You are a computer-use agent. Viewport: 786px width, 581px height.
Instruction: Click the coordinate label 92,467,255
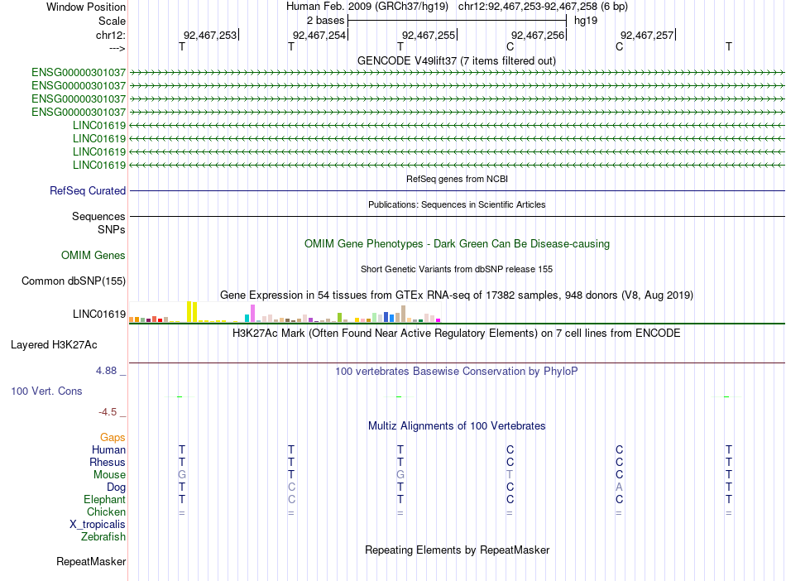pyautogui.click(x=428, y=35)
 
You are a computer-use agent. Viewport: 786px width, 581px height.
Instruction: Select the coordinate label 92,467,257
pyautogui.click(x=647, y=35)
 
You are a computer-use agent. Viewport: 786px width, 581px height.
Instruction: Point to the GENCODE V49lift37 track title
pyautogui.click(x=456, y=60)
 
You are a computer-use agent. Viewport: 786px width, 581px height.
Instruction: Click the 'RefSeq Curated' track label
pyautogui.click(x=88, y=190)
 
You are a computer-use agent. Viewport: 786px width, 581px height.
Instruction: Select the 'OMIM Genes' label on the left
pyautogui.click(x=93, y=255)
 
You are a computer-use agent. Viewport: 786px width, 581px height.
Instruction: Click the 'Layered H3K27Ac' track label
pyautogui.click(x=54, y=343)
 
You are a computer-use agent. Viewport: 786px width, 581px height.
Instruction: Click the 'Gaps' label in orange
pyautogui.click(x=113, y=437)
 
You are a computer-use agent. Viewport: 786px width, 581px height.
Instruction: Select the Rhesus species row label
pyautogui.click(x=108, y=462)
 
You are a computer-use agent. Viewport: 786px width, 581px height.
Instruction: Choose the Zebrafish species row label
pyautogui.click(x=103, y=536)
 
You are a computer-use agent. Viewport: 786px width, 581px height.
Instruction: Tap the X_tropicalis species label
pyautogui.click(x=98, y=524)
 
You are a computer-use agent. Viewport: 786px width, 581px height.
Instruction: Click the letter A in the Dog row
pyautogui.click(x=619, y=487)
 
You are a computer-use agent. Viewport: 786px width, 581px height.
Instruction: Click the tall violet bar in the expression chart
pyautogui.click(x=253, y=313)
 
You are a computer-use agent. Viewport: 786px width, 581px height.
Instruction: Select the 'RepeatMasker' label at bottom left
pyautogui.click(x=91, y=561)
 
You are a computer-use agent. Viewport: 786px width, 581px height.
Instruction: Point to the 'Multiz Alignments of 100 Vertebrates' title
pyautogui.click(x=457, y=425)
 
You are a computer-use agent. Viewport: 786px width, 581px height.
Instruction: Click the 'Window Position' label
pyautogui.click(x=86, y=7)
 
